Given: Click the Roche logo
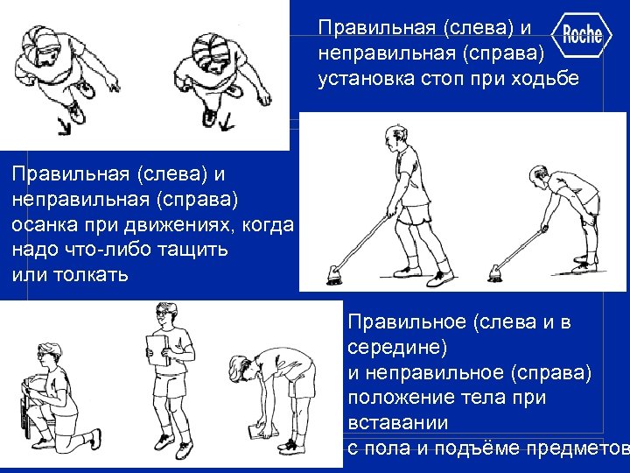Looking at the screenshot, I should pos(582,35).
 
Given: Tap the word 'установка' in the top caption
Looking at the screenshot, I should pos(360,80).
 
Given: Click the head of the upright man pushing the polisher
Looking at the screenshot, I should pos(391,138).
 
